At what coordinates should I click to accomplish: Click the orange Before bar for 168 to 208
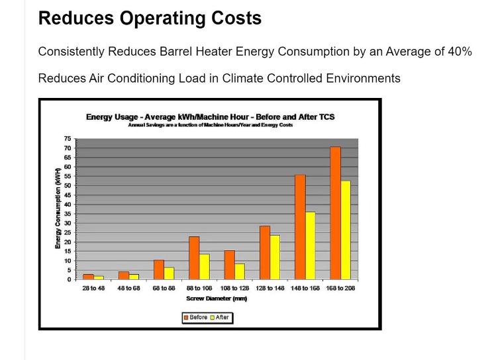click(x=335, y=212)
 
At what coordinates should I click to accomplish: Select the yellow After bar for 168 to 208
click(x=346, y=230)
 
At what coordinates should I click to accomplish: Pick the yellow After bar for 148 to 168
click(x=310, y=245)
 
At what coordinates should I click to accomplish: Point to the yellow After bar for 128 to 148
click(x=275, y=257)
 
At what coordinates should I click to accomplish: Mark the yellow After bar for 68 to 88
click(x=169, y=273)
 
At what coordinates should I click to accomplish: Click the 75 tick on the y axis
click(x=67, y=139)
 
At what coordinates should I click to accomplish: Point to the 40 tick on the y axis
click(x=67, y=204)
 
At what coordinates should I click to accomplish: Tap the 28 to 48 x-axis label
click(x=93, y=289)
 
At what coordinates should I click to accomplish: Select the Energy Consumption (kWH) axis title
click(x=58, y=208)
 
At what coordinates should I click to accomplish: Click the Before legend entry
click(x=195, y=318)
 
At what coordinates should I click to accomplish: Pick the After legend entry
click(x=221, y=318)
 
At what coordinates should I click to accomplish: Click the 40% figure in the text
click(x=458, y=52)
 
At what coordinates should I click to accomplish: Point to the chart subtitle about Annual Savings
click(x=210, y=125)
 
